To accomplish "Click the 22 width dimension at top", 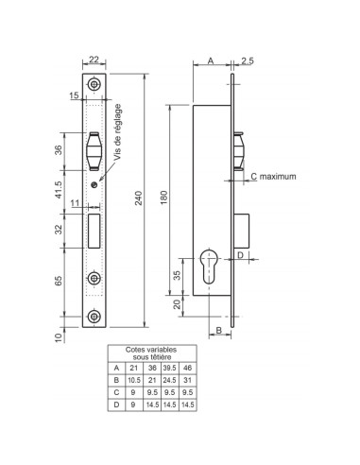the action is (x=94, y=60).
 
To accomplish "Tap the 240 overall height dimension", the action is (x=139, y=198).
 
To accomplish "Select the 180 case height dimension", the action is (x=164, y=198).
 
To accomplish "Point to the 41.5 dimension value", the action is (x=60, y=189).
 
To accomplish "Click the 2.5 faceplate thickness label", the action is (x=248, y=60).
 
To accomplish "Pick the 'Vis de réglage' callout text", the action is (x=117, y=132).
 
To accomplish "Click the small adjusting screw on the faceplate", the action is (x=94, y=184).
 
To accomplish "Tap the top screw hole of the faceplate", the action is (x=94, y=84).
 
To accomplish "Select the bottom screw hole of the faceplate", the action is (x=94, y=317).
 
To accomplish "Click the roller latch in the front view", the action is (x=94, y=151).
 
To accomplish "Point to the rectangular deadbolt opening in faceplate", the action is (x=94, y=231).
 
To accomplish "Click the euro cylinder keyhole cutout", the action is (x=209, y=267).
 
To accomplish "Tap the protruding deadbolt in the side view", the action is (x=242, y=231).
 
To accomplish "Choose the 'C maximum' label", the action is (x=273, y=177).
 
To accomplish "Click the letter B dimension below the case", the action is (x=219, y=330).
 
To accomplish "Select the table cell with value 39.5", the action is (x=169, y=368).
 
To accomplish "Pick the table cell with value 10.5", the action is (x=134, y=380).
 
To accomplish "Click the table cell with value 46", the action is (x=187, y=368).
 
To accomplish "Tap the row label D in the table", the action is (x=116, y=405).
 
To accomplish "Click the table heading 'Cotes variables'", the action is (x=151, y=350).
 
